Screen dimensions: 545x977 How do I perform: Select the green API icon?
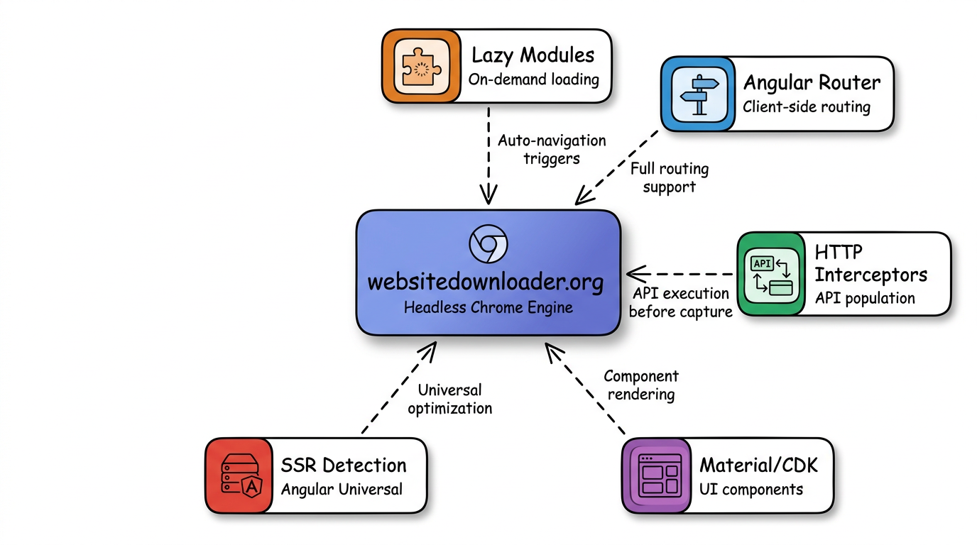771,273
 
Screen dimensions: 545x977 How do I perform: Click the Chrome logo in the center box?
488,245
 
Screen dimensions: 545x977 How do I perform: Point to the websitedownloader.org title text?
486,282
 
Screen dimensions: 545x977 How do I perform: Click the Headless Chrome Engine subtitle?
488,308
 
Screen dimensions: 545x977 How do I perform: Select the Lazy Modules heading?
533,55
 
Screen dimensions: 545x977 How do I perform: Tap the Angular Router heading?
811,83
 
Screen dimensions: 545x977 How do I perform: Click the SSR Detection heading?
344,466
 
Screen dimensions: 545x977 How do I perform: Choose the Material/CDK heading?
758,466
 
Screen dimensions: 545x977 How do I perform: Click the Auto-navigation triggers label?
552,149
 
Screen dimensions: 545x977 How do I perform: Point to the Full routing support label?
669,178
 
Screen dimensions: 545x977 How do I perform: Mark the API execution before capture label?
680,302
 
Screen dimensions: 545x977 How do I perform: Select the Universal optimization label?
449,399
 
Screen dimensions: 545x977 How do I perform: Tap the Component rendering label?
640,385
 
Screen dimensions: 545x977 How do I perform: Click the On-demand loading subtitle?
533,79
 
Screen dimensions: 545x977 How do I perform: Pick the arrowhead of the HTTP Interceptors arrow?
632,273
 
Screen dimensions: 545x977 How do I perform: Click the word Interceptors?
870,275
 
